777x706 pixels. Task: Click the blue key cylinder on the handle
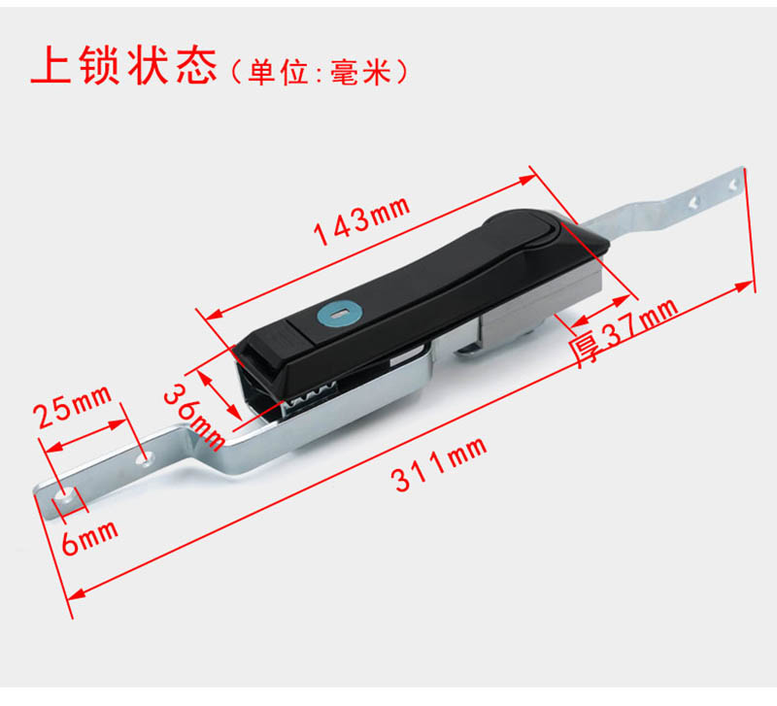[x=339, y=313]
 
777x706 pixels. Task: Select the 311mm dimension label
[x=440, y=464]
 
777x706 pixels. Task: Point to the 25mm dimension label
[x=73, y=406]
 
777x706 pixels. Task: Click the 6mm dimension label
[x=89, y=538]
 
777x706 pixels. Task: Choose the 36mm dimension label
[x=194, y=418]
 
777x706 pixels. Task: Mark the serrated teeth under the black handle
[x=311, y=395]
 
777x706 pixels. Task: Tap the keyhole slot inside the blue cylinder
[x=341, y=313]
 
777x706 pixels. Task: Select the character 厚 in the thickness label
[x=585, y=351]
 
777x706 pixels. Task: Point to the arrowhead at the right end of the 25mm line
[x=118, y=424]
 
